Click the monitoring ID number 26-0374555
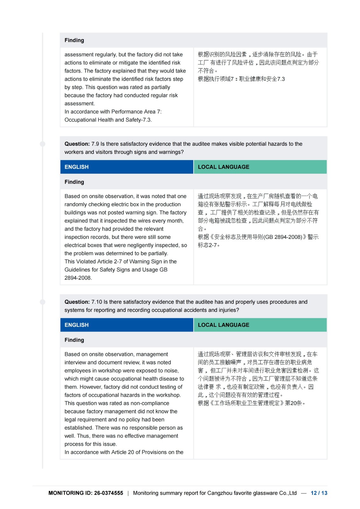(x=109, y=493)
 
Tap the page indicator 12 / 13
(x=319, y=493)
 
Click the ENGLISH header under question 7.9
(x=77, y=167)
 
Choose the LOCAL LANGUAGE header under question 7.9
(x=223, y=167)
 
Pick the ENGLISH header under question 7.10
(x=77, y=325)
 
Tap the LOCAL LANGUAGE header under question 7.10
(x=223, y=325)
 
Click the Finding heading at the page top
(x=74, y=40)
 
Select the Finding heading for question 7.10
(x=74, y=340)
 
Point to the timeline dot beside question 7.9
(x=43, y=144)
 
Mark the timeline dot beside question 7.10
(x=43, y=302)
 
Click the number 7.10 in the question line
(x=97, y=302)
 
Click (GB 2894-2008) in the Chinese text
(x=283, y=237)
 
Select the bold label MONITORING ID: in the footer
(x=70, y=493)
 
